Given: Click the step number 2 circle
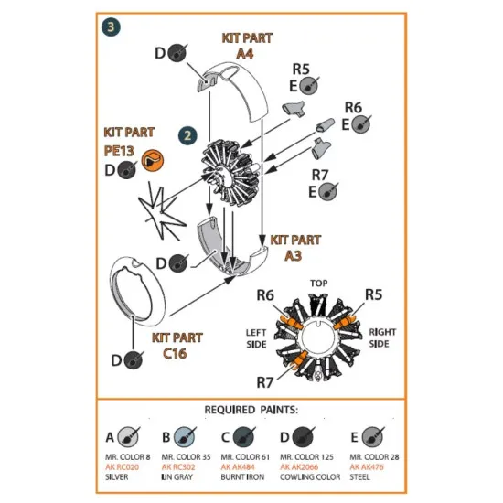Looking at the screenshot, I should point(188,134).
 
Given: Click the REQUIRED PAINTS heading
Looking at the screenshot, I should point(251,409).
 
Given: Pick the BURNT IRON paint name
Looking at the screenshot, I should point(241,476).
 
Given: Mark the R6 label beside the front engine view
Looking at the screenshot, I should point(265,294).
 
